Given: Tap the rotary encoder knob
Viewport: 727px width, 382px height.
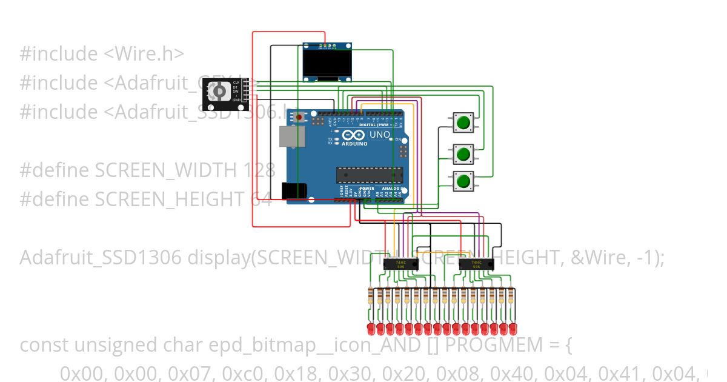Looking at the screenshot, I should click(219, 92).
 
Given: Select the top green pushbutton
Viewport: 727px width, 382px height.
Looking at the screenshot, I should click(463, 122).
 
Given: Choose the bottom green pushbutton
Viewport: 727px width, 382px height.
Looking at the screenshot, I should click(463, 181).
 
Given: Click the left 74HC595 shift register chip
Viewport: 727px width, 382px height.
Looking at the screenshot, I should click(401, 264).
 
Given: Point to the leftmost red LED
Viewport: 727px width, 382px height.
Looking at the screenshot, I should click(371, 329).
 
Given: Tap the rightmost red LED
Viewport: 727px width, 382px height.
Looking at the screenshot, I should click(512, 329).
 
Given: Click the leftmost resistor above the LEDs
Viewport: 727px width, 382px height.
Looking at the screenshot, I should click(371, 297).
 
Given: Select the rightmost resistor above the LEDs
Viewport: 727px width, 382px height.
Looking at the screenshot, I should click(512, 297).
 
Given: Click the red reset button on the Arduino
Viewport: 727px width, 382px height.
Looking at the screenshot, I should click(299, 118).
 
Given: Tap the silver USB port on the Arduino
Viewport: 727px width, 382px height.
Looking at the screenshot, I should click(291, 136).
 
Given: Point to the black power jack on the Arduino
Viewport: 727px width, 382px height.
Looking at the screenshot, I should click(294, 191).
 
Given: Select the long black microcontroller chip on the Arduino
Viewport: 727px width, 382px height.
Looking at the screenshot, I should click(370, 175).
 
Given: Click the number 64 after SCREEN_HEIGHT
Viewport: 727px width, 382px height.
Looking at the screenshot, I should click(262, 199).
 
